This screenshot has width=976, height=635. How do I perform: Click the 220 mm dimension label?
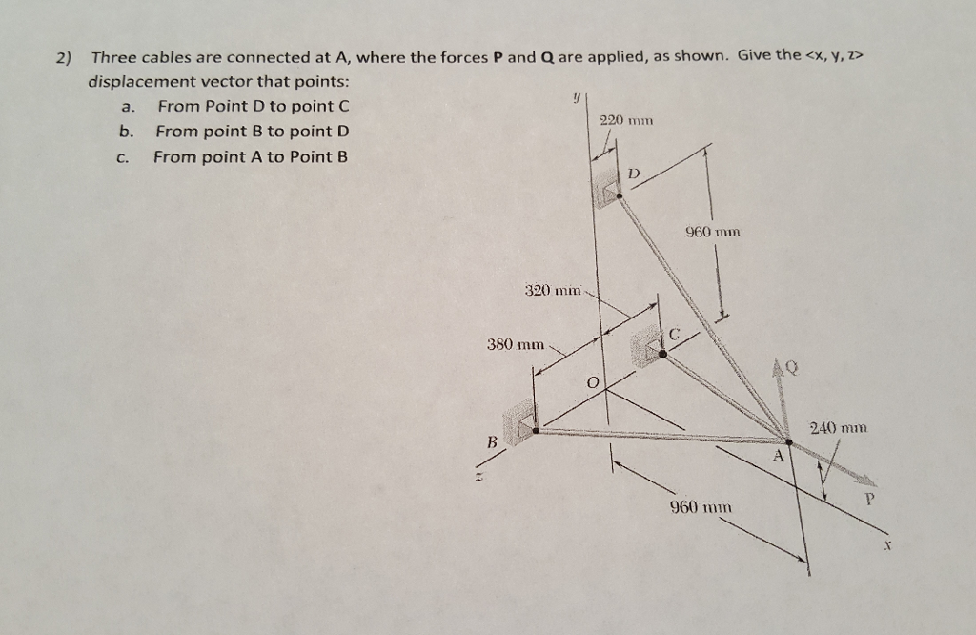625,121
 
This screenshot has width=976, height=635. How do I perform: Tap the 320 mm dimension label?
553,289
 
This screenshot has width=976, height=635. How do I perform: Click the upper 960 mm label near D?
713,232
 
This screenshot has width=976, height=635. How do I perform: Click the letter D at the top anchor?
635,174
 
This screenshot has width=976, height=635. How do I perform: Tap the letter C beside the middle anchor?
674,334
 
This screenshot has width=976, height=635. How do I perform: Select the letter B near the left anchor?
493,442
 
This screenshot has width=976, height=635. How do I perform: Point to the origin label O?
593,383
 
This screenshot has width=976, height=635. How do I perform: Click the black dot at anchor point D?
620,195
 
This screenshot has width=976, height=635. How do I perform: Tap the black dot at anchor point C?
662,354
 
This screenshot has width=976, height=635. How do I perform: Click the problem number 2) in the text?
63,57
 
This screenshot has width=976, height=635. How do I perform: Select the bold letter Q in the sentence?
547,56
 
